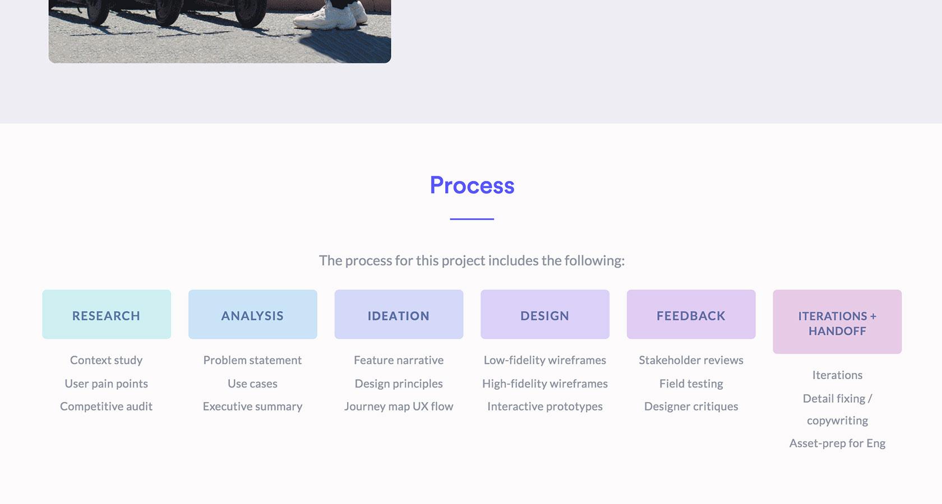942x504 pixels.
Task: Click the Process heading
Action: [x=472, y=186]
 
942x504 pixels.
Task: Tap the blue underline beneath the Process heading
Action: [x=472, y=219]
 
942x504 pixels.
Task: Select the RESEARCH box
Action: [x=107, y=314]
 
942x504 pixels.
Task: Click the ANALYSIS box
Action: [x=253, y=314]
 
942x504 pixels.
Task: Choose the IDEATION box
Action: [x=399, y=314]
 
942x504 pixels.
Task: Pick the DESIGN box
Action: [x=545, y=314]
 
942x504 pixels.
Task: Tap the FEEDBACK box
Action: [x=691, y=314]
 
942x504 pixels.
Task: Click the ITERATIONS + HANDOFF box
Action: [x=837, y=321]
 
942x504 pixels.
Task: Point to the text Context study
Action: [x=107, y=361]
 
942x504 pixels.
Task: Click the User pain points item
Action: [x=107, y=384]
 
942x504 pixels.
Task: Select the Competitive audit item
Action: [x=107, y=406]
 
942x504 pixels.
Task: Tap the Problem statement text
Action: [x=253, y=360]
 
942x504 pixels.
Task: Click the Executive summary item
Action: [x=253, y=407]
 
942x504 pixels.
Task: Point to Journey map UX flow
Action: [x=399, y=407]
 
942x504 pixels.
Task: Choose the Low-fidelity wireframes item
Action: [x=545, y=361]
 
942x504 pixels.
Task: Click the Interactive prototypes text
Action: [x=545, y=407]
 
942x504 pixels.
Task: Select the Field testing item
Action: [x=691, y=384]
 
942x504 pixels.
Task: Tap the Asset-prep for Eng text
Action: [x=837, y=444]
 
